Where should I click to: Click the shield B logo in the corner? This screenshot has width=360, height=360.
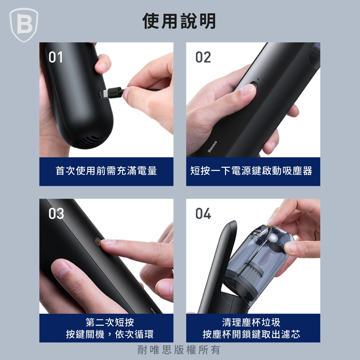[24, 25]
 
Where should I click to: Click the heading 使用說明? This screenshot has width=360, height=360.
[179, 21]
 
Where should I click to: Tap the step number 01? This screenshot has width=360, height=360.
[55, 57]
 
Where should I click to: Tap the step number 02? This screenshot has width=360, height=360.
[203, 57]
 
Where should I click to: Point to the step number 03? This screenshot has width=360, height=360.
[56, 213]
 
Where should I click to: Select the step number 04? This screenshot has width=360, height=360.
[203, 213]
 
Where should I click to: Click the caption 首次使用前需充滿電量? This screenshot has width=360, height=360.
[106, 171]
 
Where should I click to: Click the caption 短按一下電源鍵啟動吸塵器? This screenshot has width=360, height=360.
[251, 171]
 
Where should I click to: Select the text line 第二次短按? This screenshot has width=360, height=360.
[110, 322]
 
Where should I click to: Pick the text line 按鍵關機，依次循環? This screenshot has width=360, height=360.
[110, 334]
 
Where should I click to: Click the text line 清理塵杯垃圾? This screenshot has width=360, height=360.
[251, 322]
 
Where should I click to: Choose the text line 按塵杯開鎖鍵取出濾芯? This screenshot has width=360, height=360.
[251, 334]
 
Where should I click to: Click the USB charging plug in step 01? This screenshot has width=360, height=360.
[113, 93]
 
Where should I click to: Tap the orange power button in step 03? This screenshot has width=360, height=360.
[97, 242]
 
